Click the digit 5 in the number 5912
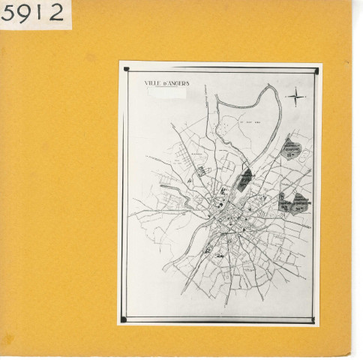click(9, 13)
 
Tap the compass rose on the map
click(297, 97)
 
